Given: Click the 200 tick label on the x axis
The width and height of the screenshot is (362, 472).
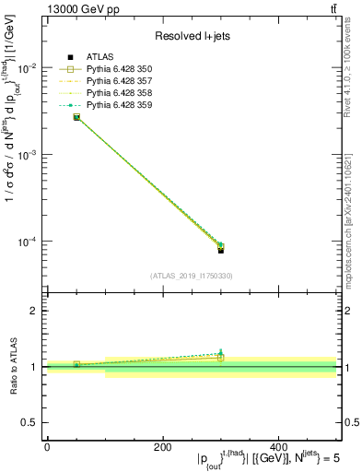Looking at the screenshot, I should click(x=163, y=447).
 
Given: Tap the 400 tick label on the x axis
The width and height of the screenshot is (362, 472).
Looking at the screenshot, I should click(x=279, y=447).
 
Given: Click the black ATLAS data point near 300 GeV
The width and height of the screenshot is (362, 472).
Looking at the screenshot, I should click(x=221, y=250).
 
